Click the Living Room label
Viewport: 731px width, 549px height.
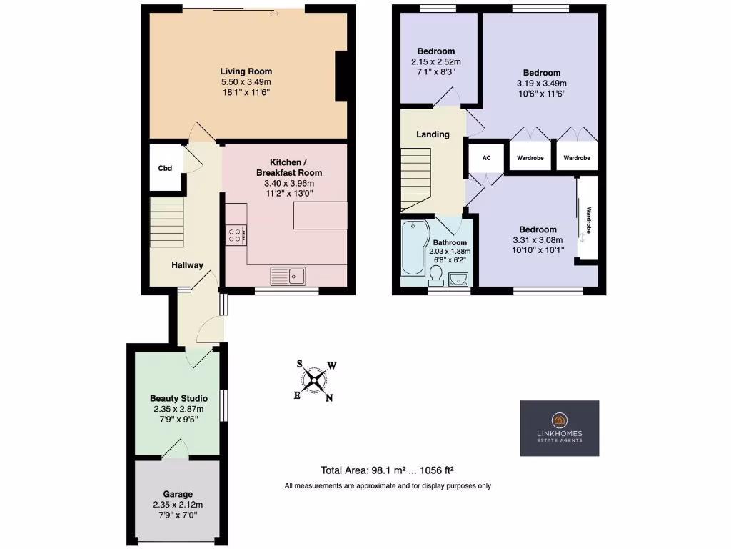point(246,71)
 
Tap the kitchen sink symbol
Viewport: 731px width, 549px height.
point(288,274)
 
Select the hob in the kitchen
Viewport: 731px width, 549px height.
point(236,234)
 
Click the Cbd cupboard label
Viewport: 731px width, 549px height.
point(165,169)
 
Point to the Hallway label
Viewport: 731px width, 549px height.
point(187,265)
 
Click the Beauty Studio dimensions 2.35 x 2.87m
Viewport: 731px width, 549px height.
point(178,409)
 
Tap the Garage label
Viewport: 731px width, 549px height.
point(178,494)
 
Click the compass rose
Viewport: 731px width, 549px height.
point(315,380)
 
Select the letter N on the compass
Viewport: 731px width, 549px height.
point(329,398)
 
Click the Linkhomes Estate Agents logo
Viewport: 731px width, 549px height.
point(559,427)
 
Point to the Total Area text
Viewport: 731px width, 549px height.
point(388,470)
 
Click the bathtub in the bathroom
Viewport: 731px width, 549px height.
point(413,249)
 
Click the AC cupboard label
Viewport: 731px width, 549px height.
point(487,158)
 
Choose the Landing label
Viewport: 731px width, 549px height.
point(433,134)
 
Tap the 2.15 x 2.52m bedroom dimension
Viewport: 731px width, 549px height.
point(436,61)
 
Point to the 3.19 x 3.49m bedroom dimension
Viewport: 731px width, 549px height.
point(542,83)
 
